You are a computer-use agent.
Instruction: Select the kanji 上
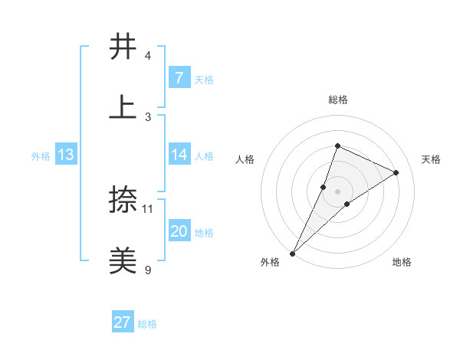tap(123, 106)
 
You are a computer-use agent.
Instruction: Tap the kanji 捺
tap(123, 201)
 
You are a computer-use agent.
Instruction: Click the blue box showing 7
tap(179, 78)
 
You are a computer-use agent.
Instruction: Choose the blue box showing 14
tap(179, 155)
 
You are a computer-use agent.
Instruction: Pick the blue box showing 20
tap(179, 231)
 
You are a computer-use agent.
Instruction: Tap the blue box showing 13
tap(65, 155)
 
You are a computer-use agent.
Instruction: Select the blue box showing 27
tap(123, 322)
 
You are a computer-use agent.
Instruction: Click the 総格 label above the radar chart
tap(337, 100)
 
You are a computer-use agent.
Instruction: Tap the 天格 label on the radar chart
tap(431, 159)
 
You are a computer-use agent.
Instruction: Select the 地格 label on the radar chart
tap(402, 262)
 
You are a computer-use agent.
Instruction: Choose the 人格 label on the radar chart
tap(245, 159)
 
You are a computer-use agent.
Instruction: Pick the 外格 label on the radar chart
tap(270, 262)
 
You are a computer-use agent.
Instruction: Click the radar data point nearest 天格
tap(396, 172)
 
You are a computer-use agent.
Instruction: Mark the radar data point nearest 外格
tap(292, 253)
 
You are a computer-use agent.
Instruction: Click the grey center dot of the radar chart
tap(337, 191)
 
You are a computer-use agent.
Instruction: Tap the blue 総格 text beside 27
tap(147, 324)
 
